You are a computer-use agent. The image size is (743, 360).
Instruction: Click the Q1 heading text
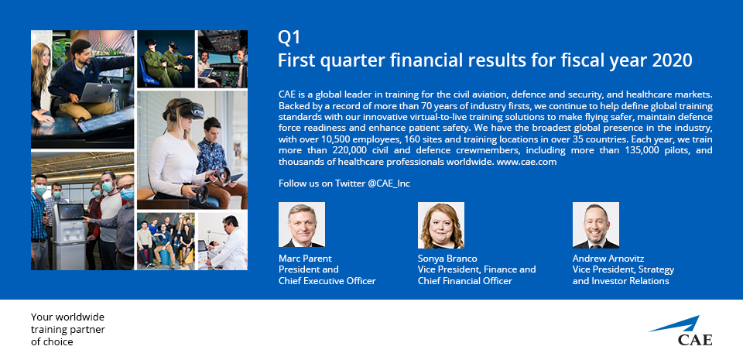pos(289,38)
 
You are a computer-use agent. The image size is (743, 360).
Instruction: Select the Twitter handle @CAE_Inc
pos(389,183)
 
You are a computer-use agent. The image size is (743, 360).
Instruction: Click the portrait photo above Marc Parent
pos(302,225)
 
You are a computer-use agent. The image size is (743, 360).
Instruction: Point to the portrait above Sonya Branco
pos(440,225)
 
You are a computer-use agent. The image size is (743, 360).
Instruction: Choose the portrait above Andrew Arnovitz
pos(596,225)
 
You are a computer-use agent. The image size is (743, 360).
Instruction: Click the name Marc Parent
pos(305,259)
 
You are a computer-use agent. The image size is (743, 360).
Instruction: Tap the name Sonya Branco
pos(447,259)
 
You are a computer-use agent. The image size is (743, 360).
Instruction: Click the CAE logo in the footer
pos(680,331)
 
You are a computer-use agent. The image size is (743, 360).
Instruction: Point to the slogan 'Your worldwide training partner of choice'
pos(68,329)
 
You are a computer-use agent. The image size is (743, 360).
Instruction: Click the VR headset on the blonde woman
pos(185,110)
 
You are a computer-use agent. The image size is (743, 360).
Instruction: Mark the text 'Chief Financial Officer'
pos(465,281)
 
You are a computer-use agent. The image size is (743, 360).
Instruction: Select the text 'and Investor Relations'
pos(621,281)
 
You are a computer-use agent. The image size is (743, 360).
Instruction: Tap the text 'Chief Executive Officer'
pos(327,281)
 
